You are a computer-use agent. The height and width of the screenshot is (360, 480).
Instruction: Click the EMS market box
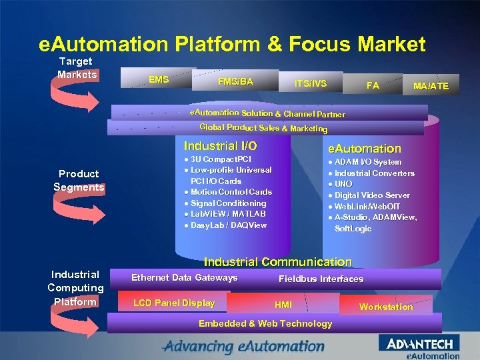[x=158, y=81]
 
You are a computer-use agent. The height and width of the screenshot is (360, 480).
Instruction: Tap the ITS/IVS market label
[x=311, y=84]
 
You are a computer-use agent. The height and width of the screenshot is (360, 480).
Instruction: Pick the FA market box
[x=373, y=86]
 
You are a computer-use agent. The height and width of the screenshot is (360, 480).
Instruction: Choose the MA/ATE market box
[x=431, y=86]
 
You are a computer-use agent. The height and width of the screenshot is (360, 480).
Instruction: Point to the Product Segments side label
[x=79, y=181]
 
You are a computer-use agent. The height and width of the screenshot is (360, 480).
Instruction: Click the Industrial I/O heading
[x=220, y=145]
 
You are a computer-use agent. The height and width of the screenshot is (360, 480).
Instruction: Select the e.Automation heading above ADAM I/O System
[x=364, y=149]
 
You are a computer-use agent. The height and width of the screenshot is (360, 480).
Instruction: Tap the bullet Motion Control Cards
[x=231, y=192]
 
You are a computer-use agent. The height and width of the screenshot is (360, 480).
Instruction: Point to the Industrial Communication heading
[x=277, y=262]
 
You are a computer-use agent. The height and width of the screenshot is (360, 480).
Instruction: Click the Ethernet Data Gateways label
[x=184, y=278]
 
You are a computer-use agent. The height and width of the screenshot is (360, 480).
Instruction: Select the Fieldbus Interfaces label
[x=321, y=279]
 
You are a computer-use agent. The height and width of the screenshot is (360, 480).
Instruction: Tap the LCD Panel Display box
[x=174, y=303]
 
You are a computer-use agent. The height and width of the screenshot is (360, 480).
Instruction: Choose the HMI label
[x=283, y=305]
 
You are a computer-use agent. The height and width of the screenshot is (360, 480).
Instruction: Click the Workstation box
[x=386, y=307]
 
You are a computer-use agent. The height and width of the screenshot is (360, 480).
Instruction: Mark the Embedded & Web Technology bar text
[x=265, y=324]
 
